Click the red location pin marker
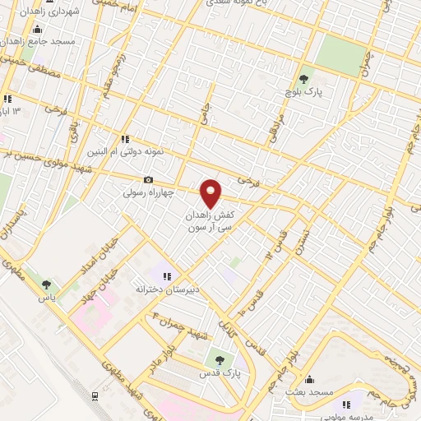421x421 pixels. (x=212, y=193)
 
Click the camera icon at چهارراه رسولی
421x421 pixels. (x=148, y=180)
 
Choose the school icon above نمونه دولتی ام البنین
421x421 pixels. (x=126, y=139)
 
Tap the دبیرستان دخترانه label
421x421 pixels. (x=168, y=289)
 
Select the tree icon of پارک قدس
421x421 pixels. (x=218, y=359)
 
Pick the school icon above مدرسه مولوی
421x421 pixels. (x=346, y=404)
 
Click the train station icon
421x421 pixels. (x=96, y=395)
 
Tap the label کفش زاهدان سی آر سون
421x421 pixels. (x=211, y=218)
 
